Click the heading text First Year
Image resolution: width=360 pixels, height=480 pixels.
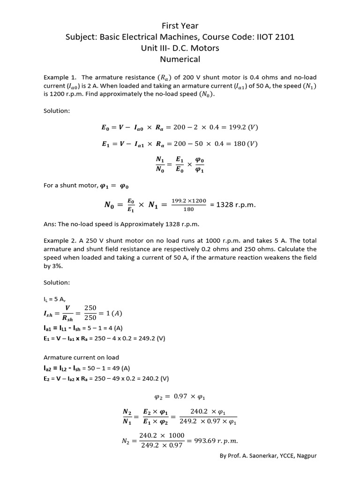tap(180, 26)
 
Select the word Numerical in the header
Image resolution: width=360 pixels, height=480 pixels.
tap(180, 59)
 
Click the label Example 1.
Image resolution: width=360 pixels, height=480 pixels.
tap(59, 77)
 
